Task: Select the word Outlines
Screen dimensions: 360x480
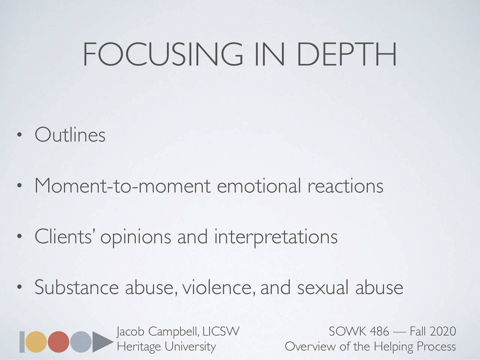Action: pyautogui.click(x=70, y=135)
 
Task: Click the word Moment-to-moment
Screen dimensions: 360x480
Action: pyautogui.click(x=122, y=186)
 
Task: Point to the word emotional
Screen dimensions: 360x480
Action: pyautogui.click(x=259, y=186)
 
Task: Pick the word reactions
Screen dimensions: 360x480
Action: pyautogui.click(x=345, y=186)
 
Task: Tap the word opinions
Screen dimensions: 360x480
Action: pyautogui.click(x=136, y=237)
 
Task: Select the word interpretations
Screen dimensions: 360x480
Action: pyautogui.click(x=276, y=237)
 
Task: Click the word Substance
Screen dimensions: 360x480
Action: pyautogui.click(x=76, y=287)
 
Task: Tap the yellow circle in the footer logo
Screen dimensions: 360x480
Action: pyautogui.click(x=36, y=342)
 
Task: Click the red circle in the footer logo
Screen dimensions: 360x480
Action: pyautogui.click(x=58, y=342)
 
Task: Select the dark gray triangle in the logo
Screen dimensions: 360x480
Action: pyautogui.click(x=101, y=342)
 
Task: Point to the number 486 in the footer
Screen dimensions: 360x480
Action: pyautogui.click(x=379, y=331)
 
